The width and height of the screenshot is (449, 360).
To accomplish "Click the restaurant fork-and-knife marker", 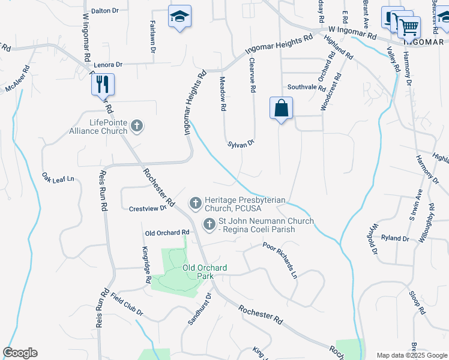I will pyautogui.click(x=103, y=84).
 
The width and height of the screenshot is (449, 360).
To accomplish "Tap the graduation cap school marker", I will pyautogui.click(x=179, y=17).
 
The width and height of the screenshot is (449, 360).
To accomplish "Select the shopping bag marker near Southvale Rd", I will pyautogui.click(x=281, y=109).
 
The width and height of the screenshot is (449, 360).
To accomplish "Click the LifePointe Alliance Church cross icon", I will pyautogui.click(x=137, y=126).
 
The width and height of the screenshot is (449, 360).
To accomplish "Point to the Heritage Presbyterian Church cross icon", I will pyautogui.click(x=195, y=204).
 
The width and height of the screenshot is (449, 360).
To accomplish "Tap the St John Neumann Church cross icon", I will pyautogui.click(x=209, y=225).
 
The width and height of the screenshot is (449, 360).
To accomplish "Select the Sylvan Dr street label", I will pyautogui.click(x=241, y=144).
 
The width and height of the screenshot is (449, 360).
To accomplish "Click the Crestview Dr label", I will pyautogui.click(x=147, y=209).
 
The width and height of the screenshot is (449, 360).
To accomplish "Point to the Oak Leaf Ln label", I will pyautogui.click(x=58, y=178).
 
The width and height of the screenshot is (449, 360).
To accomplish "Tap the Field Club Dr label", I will pyautogui.click(x=127, y=304).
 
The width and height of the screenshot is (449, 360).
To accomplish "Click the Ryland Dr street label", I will pyautogui.click(x=394, y=238).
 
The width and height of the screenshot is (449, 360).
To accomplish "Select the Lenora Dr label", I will pyautogui.click(x=108, y=64).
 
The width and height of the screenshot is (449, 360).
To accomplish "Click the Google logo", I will pyautogui.click(x=20, y=353).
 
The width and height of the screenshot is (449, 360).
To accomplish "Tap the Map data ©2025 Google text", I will pyautogui.click(x=411, y=355).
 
